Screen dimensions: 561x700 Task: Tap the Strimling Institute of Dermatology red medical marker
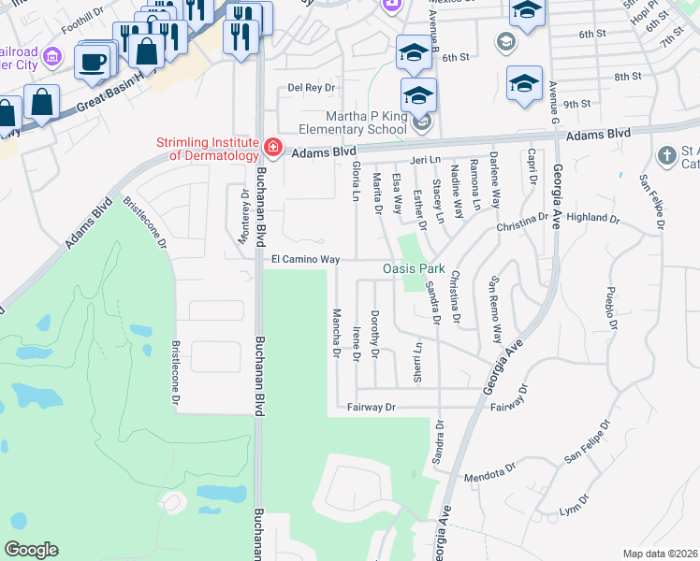(x=272, y=147)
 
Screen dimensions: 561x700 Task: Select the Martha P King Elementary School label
(x=354, y=129)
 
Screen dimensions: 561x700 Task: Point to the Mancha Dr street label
(x=336, y=332)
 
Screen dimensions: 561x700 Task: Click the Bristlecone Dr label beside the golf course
(x=175, y=372)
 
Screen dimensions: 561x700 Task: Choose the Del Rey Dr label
(x=312, y=88)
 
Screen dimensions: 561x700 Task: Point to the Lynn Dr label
(x=570, y=511)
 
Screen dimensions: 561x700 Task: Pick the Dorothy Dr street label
(x=375, y=334)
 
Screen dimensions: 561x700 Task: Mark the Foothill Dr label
(x=82, y=22)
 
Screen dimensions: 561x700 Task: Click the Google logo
(x=31, y=550)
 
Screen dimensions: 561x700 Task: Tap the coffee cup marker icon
(x=93, y=62)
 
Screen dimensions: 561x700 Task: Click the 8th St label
(x=627, y=77)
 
